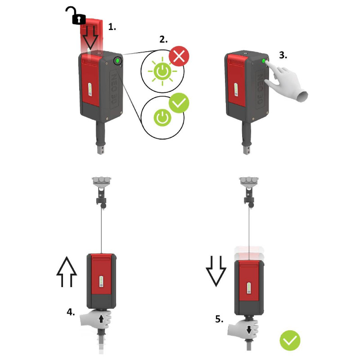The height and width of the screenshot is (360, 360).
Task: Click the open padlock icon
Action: [77, 17]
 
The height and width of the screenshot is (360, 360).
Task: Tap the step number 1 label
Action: [112, 27]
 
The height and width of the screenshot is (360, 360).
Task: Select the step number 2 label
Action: [163, 40]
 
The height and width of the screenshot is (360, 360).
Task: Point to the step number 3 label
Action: [283, 55]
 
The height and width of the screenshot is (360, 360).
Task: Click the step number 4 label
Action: [71, 312]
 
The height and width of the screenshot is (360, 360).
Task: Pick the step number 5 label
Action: [219, 319]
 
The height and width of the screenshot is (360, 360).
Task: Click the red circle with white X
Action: [179, 56]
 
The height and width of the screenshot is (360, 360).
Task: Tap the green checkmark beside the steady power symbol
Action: [179, 103]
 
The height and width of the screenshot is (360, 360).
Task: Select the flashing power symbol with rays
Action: [162, 72]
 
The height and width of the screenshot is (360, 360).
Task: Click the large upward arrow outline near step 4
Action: [67, 272]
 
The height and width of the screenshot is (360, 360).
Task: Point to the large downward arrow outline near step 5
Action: [216, 271]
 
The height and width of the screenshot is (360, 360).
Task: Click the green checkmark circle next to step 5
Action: [290, 341]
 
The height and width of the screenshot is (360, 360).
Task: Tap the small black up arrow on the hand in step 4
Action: [101, 319]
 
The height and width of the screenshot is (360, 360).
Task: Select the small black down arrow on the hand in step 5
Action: [249, 330]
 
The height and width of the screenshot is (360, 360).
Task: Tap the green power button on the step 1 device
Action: [117, 61]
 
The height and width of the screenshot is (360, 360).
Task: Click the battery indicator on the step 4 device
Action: [101, 282]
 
